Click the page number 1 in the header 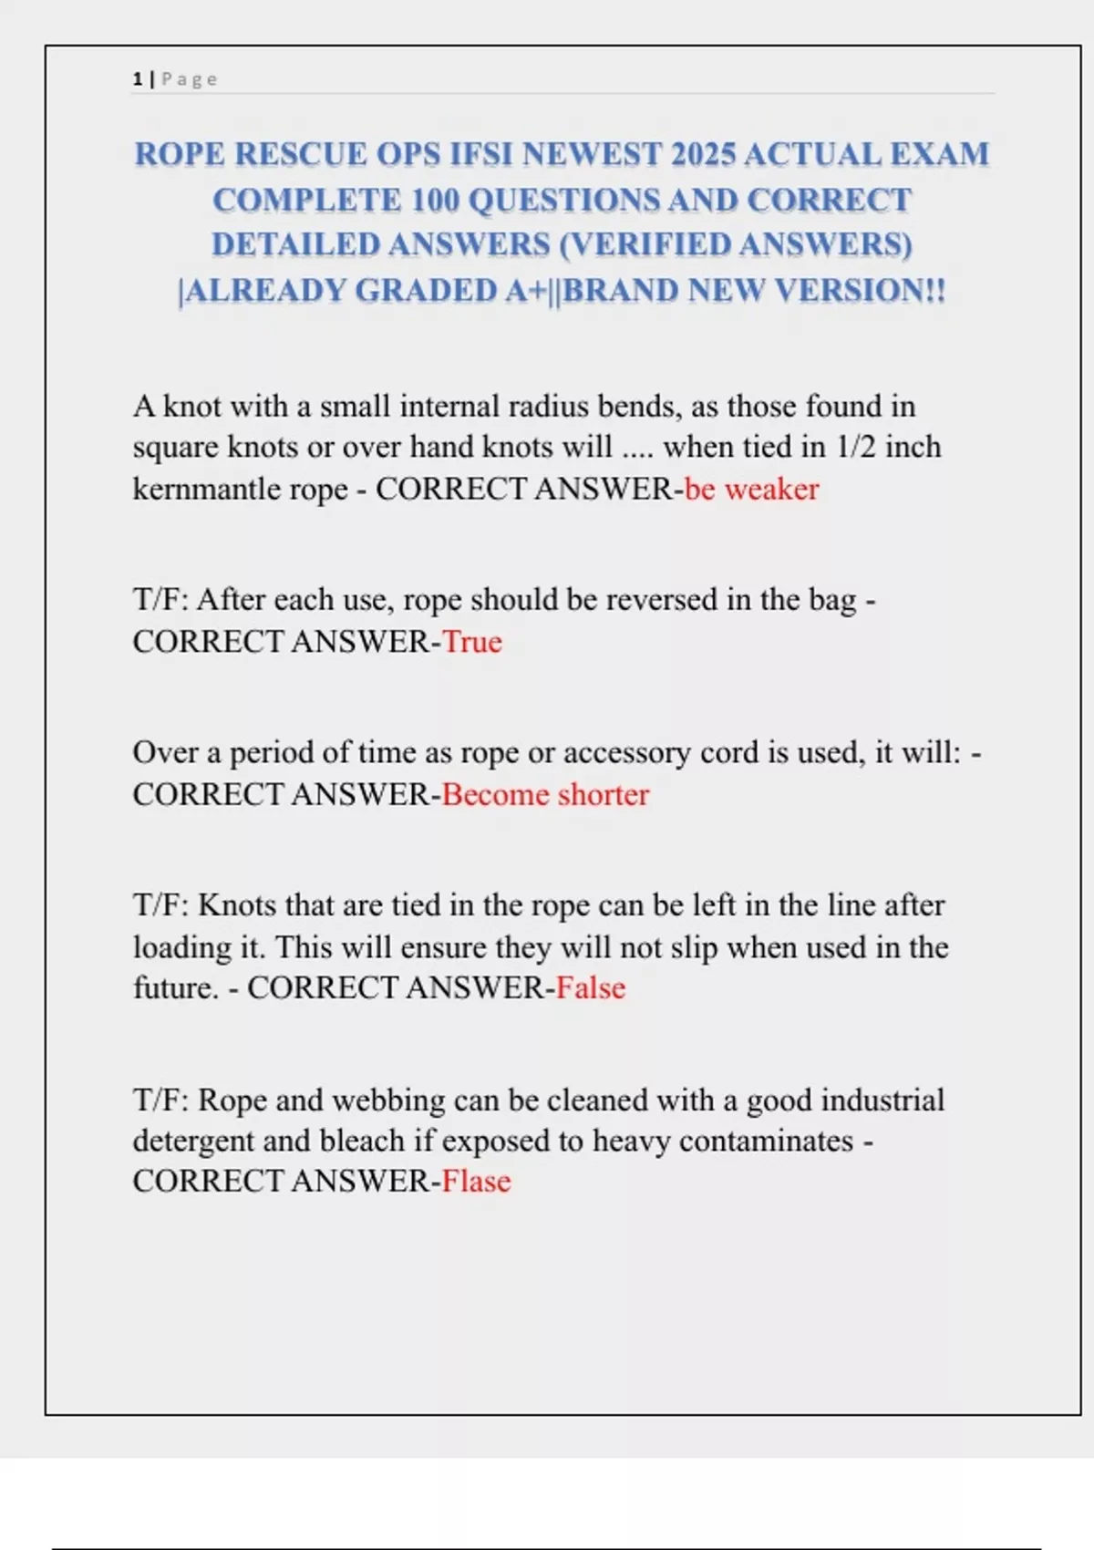click(137, 79)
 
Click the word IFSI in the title click(482, 154)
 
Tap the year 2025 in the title click(702, 154)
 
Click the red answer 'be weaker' click(751, 489)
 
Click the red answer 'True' click(472, 642)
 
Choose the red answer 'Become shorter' click(545, 794)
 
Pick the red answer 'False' click(591, 987)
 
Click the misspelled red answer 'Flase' click(476, 1181)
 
